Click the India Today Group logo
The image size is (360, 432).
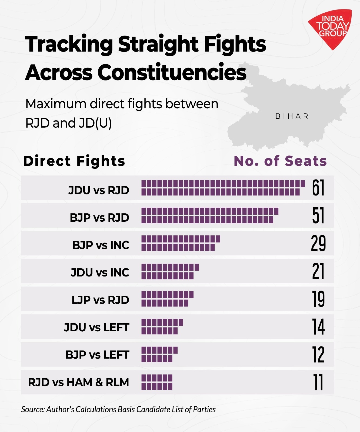point(331,28)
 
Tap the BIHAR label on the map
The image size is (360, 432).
point(292,116)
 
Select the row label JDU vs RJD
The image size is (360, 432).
point(99,190)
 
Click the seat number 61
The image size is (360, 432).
point(318,188)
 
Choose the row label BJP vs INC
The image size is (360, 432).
point(101,245)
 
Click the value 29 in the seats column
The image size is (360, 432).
point(318,243)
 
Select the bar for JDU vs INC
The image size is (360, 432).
point(170,271)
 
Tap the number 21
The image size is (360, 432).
point(318,271)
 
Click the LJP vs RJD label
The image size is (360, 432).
point(100,300)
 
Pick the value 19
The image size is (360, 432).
point(318,299)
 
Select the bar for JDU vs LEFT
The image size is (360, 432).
point(162,326)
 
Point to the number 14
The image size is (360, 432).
point(318,327)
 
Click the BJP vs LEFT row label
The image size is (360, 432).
point(97,355)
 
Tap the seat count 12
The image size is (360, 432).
point(318,355)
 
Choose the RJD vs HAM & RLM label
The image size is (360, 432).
point(78,382)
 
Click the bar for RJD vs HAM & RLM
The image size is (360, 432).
point(157,382)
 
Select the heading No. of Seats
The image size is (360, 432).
point(280,161)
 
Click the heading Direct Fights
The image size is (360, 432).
point(74,161)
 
